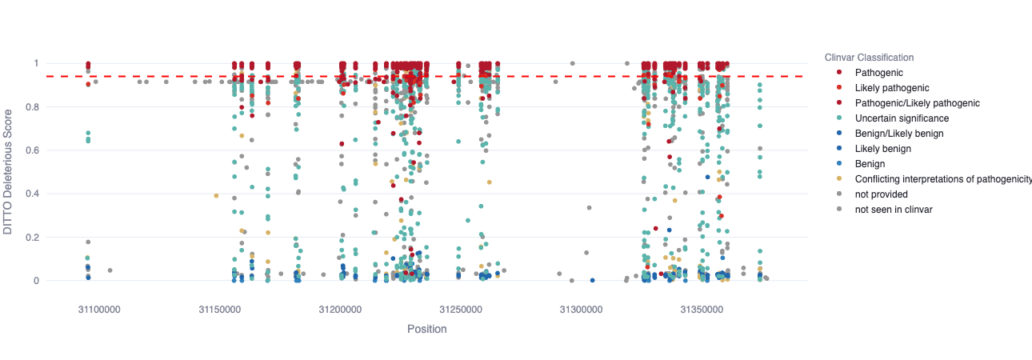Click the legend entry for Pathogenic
878,73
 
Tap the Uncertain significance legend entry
902,118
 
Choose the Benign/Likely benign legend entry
899,134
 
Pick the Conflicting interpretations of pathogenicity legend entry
942,179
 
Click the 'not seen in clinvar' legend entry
893,210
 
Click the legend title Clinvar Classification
869,58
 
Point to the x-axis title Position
426,329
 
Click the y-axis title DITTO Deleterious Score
9,172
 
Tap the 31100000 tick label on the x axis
98,309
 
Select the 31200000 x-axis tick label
340,309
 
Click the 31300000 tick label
581,309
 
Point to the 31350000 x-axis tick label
702,309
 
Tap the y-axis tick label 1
35,63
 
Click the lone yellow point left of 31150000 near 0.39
216,196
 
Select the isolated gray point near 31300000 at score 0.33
589,208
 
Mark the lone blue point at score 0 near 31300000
592,281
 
